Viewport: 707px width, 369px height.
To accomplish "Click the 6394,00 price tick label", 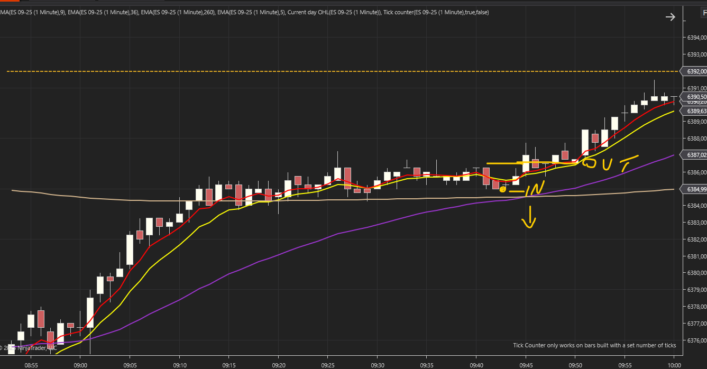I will (x=696, y=38).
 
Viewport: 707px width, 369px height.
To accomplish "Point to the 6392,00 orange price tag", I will (x=696, y=71).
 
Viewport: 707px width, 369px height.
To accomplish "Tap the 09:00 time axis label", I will (x=80, y=365).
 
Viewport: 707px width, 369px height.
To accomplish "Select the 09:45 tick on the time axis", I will (x=526, y=365).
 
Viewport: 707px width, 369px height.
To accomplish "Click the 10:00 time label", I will (x=674, y=365).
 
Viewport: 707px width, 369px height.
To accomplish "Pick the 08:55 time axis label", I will (x=31, y=365).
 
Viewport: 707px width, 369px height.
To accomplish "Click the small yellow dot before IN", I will (x=502, y=189).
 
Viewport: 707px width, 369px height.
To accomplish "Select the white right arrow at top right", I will (x=670, y=17).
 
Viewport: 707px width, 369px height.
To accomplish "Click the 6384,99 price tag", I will (x=696, y=189).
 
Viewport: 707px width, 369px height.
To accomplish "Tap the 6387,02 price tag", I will (x=696, y=155).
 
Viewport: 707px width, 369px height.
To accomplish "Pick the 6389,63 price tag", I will (x=696, y=111).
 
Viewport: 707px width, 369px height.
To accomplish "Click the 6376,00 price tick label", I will (x=696, y=340).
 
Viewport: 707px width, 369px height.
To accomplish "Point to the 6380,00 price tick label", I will (x=696, y=273).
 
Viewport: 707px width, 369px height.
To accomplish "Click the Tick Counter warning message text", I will (x=594, y=345).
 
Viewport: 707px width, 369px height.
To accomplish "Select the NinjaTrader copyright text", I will (x=29, y=348).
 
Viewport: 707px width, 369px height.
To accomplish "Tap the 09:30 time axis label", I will (x=377, y=365).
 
